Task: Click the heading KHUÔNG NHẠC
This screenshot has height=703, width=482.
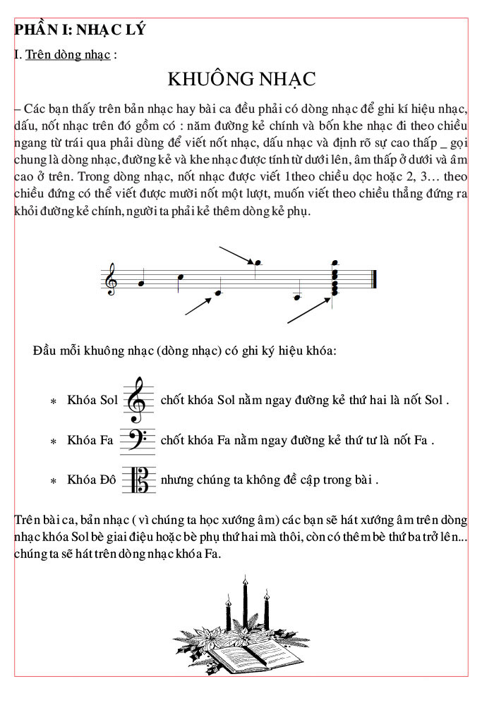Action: coord(241,79)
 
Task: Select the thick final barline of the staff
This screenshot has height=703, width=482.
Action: coord(374,279)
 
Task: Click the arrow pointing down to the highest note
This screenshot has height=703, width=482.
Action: coord(237,255)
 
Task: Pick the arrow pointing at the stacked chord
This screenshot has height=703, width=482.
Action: coord(310,311)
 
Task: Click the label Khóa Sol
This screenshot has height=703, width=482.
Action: coord(92,401)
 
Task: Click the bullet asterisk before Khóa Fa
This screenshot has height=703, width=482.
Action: coord(54,441)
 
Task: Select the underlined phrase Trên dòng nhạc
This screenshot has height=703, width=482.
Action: coord(68,54)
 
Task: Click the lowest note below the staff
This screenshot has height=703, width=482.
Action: coord(297,297)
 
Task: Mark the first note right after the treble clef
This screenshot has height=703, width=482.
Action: coord(141,283)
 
